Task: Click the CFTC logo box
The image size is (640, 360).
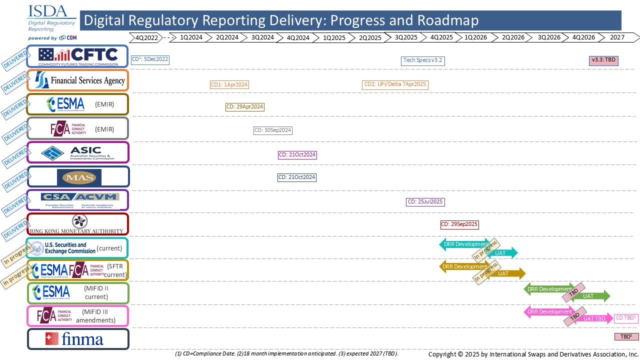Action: (x=77, y=56)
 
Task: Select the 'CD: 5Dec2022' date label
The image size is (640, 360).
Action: (x=150, y=60)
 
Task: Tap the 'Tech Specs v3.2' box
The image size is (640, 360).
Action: (x=422, y=60)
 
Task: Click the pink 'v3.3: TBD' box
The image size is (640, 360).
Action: (x=603, y=60)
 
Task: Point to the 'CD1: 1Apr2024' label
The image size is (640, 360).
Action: (x=229, y=84)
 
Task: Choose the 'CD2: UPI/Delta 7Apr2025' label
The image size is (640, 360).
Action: (x=395, y=84)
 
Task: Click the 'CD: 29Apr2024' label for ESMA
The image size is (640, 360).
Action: (x=244, y=107)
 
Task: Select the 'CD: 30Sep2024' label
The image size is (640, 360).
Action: (x=272, y=130)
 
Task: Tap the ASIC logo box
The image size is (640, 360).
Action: (x=77, y=152)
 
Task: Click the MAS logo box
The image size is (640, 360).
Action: (x=77, y=176)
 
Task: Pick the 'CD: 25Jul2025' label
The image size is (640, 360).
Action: (x=425, y=202)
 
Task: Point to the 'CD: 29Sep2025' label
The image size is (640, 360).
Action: (x=459, y=224)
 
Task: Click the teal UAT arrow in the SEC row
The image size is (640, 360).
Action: (x=502, y=253)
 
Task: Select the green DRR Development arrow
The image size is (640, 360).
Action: (x=549, y=289)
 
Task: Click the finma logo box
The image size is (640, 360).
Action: (x=77, y=339)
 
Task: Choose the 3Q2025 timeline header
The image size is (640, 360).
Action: (x=405, y=37)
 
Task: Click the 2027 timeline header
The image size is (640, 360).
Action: (x=617, y=37)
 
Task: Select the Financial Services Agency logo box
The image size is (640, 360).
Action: (x=77, y=80)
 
